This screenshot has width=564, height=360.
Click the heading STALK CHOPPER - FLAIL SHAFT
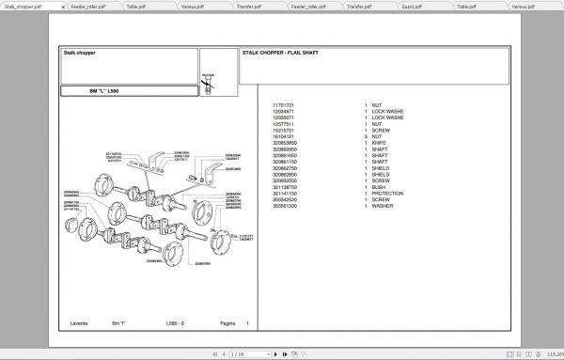tap(280, 53)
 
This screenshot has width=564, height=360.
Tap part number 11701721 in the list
tap(283, 104)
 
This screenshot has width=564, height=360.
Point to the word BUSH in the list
tap(380, 188)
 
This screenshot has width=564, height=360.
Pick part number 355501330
tap(285, 206)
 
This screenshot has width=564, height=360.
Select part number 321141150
tap(285, 194)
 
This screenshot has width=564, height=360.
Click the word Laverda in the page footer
tap(79, 323)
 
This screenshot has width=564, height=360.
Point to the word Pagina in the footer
tap(225, 323)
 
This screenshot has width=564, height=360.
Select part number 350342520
tap(285, 199)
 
